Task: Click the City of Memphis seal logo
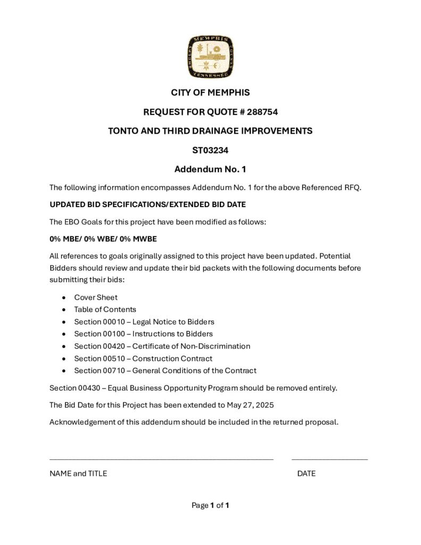coord(210,57)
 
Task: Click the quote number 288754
coord(262,112)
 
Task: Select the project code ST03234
coord(210,150)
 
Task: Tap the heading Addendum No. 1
coord(210,170)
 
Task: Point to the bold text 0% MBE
coord(63,238)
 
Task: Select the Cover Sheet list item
coord(96,298)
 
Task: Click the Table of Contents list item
coord(105,309)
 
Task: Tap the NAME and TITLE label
coord(78,473)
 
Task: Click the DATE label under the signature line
coord(306,473)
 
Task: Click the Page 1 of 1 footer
coord(210,505)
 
